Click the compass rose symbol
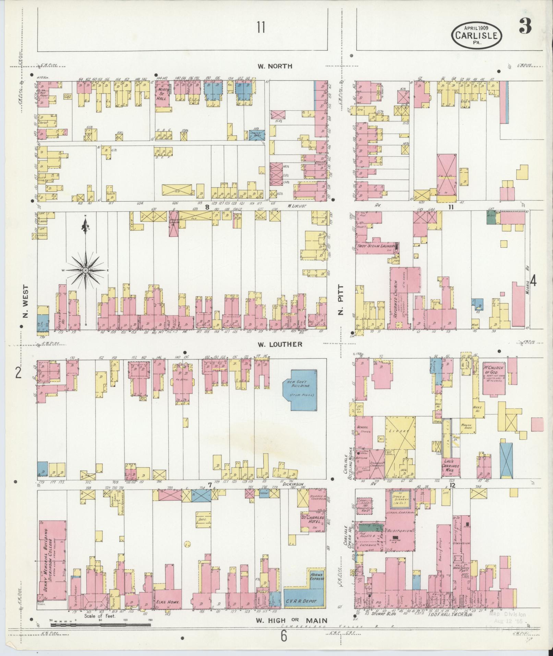pyautogui.click(x=85, y=270)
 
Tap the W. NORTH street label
pyautogui.click(x=275, y=66)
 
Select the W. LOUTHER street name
pyautogui.click(x=279, y=344)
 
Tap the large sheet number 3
pyautogui.click(x=525, y=26)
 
